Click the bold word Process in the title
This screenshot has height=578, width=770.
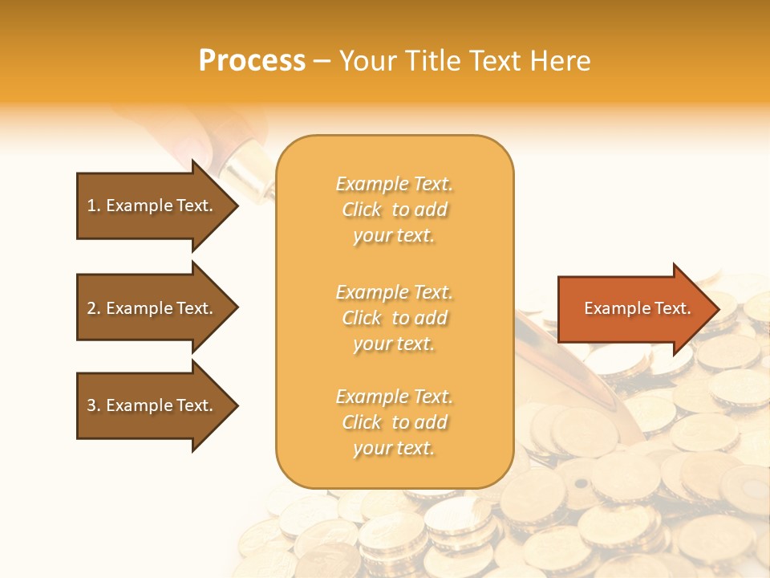[x=252, y=60]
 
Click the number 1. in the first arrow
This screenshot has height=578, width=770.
[x=94, y=206]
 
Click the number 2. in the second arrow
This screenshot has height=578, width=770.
[x=94, y=308]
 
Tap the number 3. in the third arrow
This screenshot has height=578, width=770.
[x=94, y=405]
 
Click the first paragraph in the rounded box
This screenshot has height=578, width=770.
[x=394, y=210]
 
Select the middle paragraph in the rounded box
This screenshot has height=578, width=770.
[x=394, y=318]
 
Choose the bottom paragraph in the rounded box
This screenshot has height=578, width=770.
[x=394, y=422]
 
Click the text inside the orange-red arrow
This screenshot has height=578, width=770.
[x=638, y=308]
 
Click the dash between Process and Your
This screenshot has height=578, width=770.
[x=322, y=61]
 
